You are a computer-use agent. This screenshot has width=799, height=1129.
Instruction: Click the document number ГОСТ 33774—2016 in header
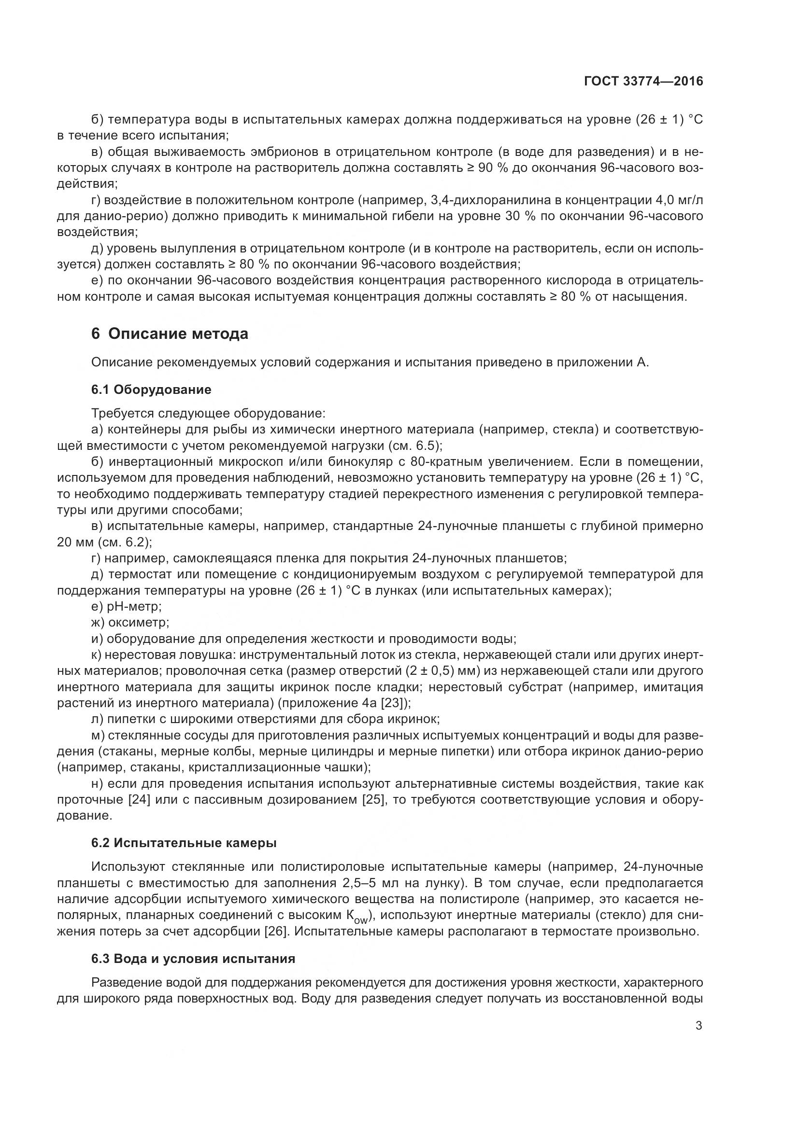[643, 82]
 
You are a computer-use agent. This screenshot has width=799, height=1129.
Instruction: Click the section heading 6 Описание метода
[170, 334]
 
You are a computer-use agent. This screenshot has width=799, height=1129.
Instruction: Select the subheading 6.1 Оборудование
[151, 390]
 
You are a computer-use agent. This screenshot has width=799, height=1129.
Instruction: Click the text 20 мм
[75, 543]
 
